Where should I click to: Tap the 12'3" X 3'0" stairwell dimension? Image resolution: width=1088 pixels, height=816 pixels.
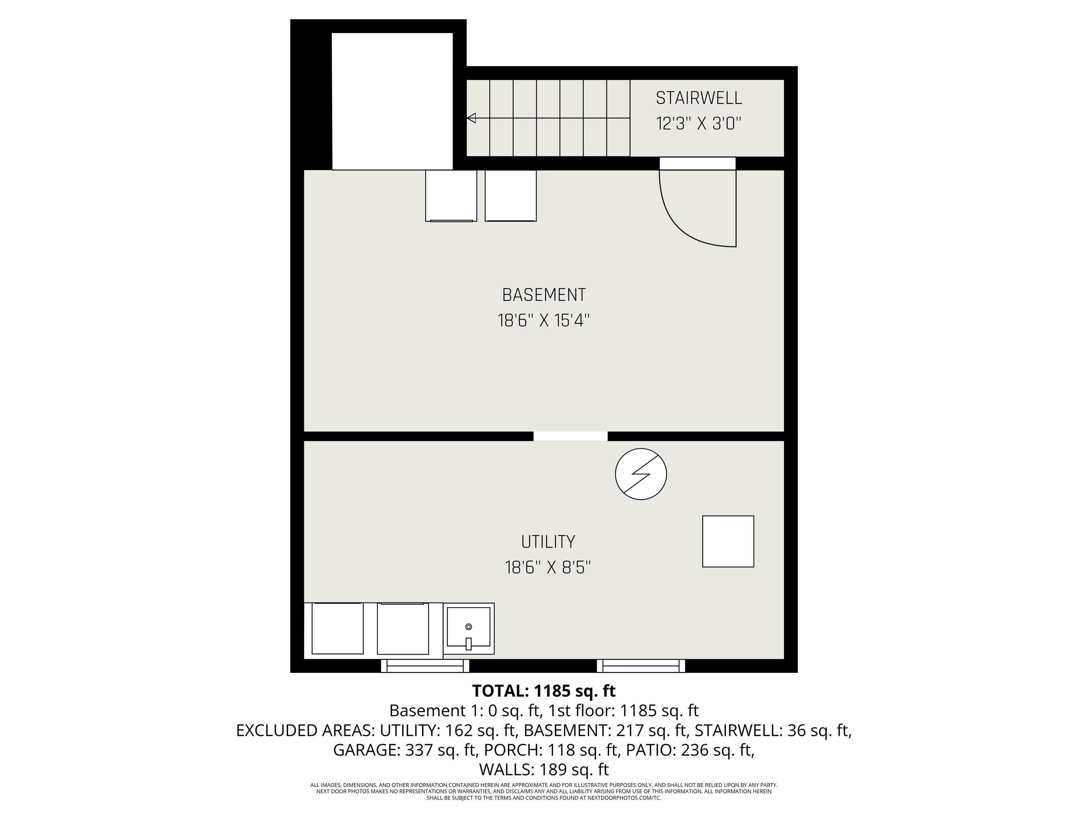click(699, 123)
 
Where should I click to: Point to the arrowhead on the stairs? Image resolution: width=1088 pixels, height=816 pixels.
click(471, 118)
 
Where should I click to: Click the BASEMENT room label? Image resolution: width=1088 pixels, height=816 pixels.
click(544, 295)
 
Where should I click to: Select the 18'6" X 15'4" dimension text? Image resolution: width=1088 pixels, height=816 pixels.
click(544, 321)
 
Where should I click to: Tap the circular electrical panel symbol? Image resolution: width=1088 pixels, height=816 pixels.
click(641, 474)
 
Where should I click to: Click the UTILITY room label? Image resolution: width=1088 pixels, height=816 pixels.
click(548, 542)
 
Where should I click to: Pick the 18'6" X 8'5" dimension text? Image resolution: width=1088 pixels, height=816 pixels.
click(548, 568)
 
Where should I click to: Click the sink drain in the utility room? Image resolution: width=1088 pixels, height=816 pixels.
click(469, 627)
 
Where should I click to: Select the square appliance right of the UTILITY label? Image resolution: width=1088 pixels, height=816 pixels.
click(728, 542)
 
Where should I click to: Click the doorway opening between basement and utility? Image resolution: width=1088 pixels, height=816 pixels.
click(571, 436)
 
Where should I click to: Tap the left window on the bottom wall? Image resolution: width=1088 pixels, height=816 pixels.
click(425, 666)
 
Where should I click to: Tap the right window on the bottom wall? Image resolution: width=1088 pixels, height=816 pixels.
click(641, 666)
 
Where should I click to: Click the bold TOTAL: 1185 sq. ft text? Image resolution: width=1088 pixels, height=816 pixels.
click(544, 691)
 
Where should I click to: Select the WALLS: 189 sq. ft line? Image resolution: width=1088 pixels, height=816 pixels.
click(544, 769)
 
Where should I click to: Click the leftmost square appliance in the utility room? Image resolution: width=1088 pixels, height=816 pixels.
click(338, 629)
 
